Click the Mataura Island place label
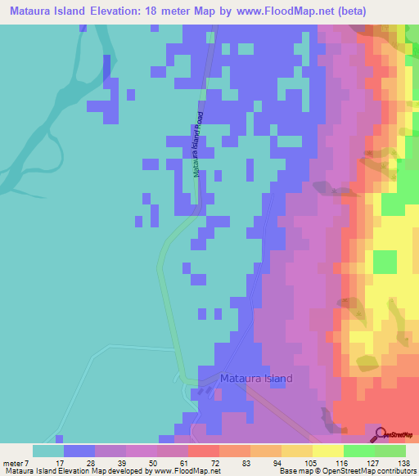coord(256,379)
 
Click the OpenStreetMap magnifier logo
coord(381,434)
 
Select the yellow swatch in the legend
coord(327,450)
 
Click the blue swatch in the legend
coord(79,450)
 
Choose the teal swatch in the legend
coord(48,450)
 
